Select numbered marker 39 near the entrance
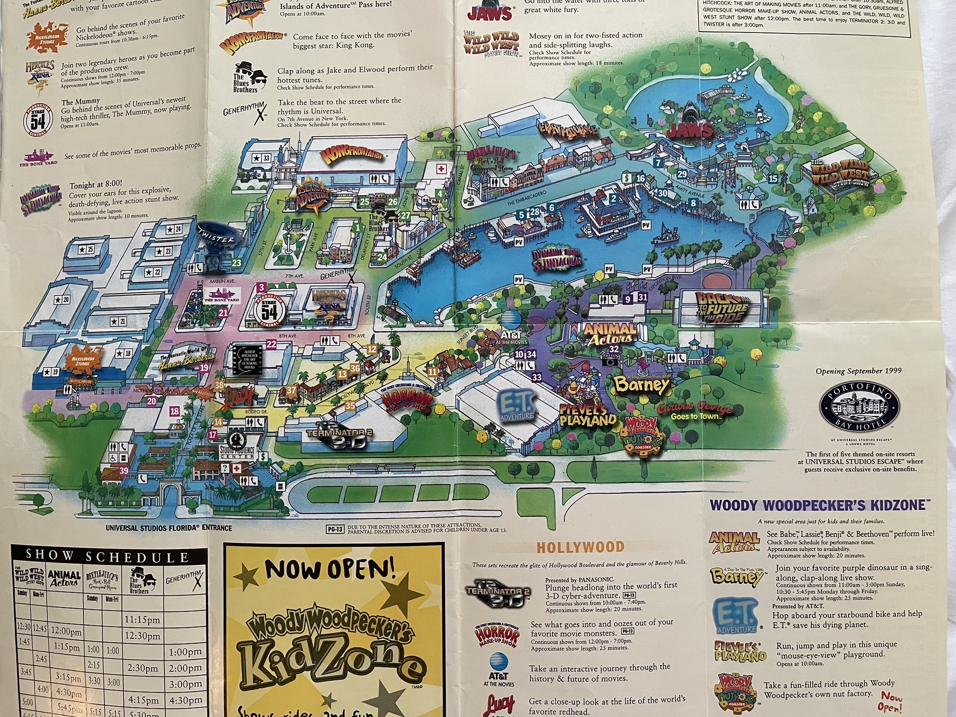(x=124, y=471)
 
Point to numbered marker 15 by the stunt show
(x=773, y=179)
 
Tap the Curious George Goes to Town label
(x=695, y=411)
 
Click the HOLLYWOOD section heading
(x=580, y=547)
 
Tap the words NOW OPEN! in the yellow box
(x=330, y=569)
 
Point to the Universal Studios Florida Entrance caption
(x=169, y=528)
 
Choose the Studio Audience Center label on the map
(x=238, y=451)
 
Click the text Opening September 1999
(x=858, y=371)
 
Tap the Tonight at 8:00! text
(x=96, y=185)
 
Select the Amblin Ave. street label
(x=222, y=281)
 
